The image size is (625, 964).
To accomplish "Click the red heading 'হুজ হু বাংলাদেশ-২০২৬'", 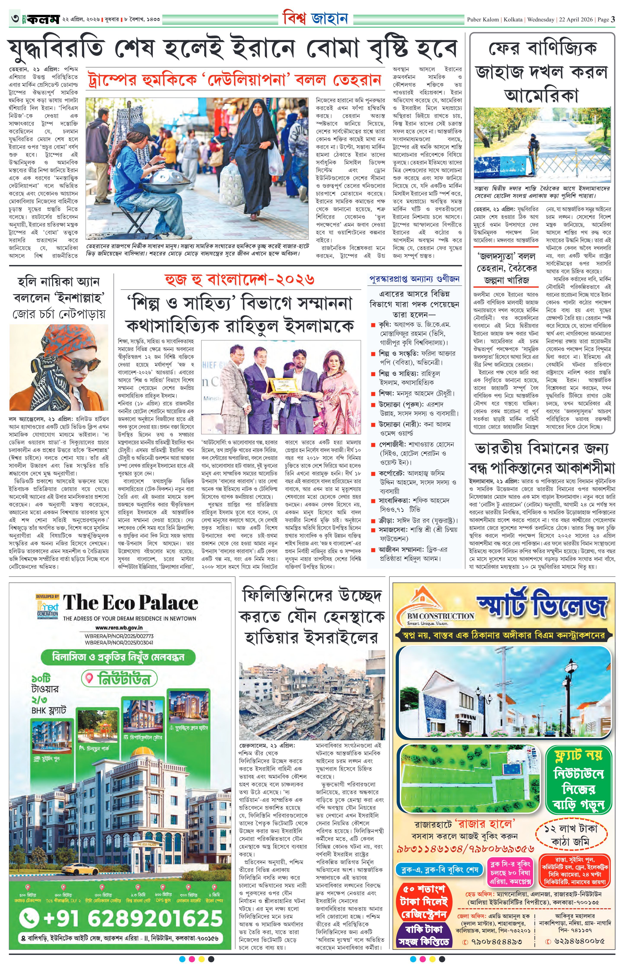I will pos(239,280).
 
